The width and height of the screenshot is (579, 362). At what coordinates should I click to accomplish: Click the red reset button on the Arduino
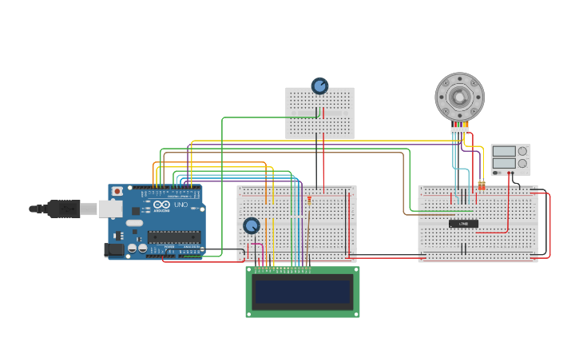click(117, 192)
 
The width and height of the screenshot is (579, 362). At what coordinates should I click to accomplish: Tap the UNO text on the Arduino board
click(181, 205)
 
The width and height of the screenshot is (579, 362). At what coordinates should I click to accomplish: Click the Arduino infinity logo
click(162, 205)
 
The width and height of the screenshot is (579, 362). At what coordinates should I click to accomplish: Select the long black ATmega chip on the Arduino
click(174, 236)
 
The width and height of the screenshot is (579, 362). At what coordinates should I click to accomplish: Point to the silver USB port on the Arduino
click(110, 209)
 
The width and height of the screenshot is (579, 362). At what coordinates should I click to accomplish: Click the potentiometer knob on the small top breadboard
click(319, 86)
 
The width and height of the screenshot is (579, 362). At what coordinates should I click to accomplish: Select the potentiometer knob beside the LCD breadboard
click(252, 226)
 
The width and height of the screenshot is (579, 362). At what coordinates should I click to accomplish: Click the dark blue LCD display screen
click(302, 292)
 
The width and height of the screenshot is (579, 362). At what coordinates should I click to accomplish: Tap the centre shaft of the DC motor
click(459, 97)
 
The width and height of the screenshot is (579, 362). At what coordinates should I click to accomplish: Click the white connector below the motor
click(459, 130)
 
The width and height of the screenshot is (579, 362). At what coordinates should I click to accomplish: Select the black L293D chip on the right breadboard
click(463, 224)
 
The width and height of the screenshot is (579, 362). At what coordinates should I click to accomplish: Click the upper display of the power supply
click(505, 151)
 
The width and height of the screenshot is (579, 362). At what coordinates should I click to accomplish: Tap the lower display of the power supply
click(505, 163)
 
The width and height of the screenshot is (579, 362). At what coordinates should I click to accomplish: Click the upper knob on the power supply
click(523, 151)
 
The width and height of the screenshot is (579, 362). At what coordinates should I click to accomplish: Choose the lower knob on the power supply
click(523, 163)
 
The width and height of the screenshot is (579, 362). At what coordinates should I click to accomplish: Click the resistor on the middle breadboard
click(309, 199)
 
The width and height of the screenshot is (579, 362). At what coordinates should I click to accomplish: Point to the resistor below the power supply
click(482, 185)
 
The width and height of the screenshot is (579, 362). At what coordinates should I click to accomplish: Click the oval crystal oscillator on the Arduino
click(133, 223)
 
